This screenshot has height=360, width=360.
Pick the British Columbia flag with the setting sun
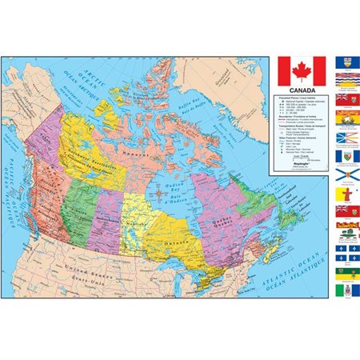[x=346, y=80]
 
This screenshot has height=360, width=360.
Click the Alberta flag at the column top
[x=346, y=62]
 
